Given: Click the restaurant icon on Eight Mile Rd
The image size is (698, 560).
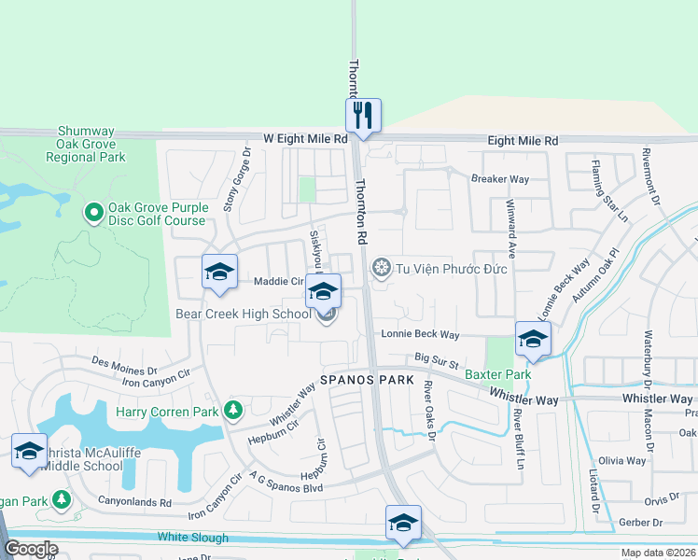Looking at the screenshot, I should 362,116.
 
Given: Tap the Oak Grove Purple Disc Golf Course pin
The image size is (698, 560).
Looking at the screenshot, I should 92,214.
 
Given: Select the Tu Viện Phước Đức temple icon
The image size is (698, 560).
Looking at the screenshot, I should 381,269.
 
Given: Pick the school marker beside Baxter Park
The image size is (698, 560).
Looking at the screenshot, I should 532,339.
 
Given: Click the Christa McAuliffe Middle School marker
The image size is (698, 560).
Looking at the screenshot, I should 29,451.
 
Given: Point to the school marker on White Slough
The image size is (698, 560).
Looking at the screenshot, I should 402,523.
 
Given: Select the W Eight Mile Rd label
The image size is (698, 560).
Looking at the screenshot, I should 304,137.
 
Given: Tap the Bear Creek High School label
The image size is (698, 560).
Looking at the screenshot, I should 244,314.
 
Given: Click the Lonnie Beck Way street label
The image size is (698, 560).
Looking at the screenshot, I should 420,334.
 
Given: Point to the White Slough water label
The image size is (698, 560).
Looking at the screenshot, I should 192,538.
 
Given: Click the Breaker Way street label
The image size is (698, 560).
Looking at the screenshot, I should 500,178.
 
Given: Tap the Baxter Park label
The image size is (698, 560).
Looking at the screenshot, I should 498,374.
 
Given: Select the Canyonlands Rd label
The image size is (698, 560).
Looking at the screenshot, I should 135,501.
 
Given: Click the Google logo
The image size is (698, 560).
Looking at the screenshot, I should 31,549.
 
